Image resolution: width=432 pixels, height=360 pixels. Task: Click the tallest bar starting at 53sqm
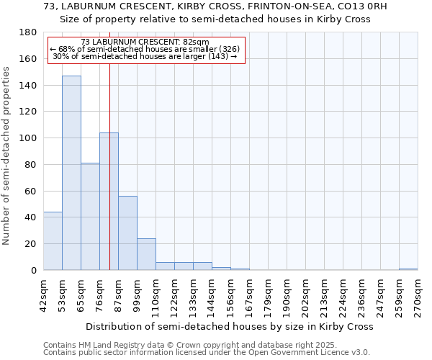pos(71,173)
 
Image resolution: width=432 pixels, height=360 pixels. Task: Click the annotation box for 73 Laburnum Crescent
pos(146,50)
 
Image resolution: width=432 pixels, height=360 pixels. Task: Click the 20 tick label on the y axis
pos(32,244)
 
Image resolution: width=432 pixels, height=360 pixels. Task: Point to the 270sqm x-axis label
pos(418,294)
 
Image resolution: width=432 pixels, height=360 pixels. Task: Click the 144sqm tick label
pos(212,294)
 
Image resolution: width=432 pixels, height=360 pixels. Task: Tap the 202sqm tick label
pos(306,294)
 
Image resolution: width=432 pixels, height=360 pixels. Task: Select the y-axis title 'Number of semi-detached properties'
pos(7,156)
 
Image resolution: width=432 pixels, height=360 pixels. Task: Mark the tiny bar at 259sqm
pos(408,269)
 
